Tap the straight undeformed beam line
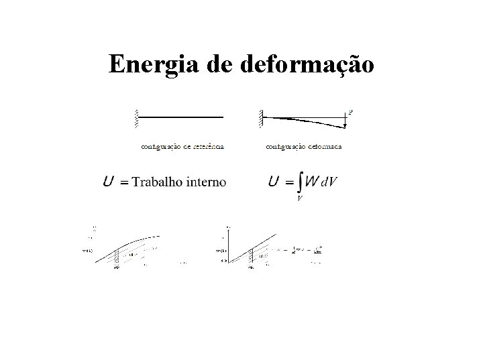pos(181,117)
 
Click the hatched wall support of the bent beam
pos(259,118)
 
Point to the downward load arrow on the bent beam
pos(345,121)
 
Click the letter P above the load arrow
pos(350,112)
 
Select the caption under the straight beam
pos(182,145)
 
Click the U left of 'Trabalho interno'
pos(108,182)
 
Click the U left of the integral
pos(274,182)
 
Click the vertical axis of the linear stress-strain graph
pos(228,248)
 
